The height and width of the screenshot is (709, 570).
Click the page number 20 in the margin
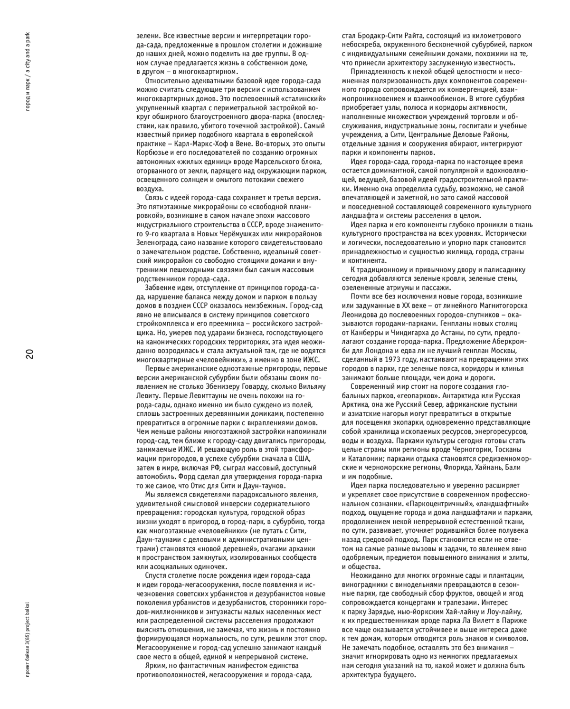click(29, 354)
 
